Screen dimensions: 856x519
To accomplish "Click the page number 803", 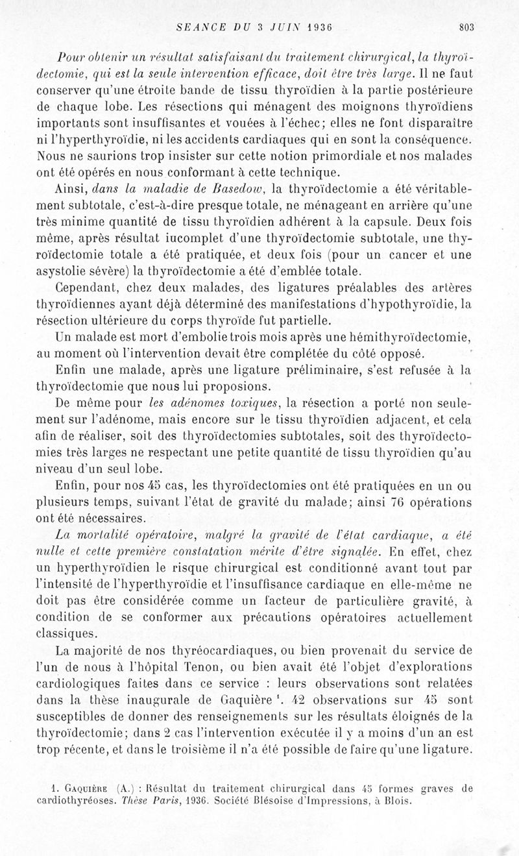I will (466, 27).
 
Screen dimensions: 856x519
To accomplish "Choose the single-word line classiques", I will (67, 633).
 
